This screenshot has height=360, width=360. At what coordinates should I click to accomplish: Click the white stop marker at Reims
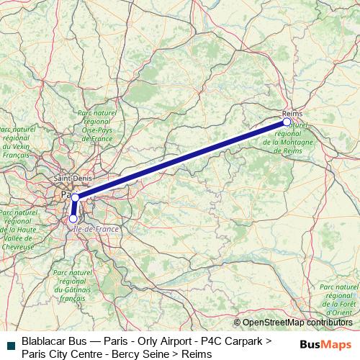click(x=287, y=122)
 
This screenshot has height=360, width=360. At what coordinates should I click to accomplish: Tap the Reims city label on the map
click(x=292, y=113)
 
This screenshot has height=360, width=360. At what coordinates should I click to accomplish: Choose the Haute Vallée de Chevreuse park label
click(x=19, y=230)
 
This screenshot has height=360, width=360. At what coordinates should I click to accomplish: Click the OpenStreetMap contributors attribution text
click(x=296, y=323)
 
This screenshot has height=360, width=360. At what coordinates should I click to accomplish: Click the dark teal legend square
click(x=10, y=346)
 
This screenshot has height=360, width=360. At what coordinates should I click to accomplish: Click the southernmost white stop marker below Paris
click(x=73, y=218)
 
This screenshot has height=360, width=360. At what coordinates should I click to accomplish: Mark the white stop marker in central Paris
click(x=75, y=197)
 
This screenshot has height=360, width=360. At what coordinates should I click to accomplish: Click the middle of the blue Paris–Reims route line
click(x=181, y=159)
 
